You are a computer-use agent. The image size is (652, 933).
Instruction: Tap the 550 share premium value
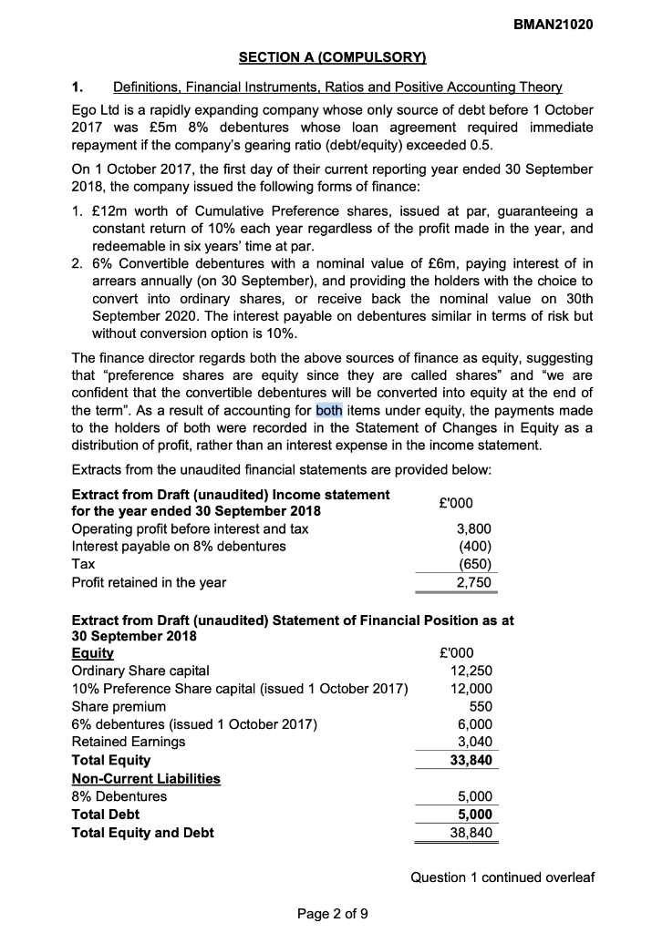click(x=481, y=706)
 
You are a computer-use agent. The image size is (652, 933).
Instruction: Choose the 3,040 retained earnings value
click(x=475, y=742)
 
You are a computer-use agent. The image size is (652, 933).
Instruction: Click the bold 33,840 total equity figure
click(x=472, y=760)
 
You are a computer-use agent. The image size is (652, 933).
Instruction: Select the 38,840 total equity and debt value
click(x=472, y=832)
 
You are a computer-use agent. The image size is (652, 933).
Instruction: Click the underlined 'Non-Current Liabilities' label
click(x=146, y=778)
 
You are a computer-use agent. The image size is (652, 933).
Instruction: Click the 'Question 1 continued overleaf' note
click(x=502, y=877)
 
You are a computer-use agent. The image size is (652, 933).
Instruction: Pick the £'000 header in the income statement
click(x=455, y=503)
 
